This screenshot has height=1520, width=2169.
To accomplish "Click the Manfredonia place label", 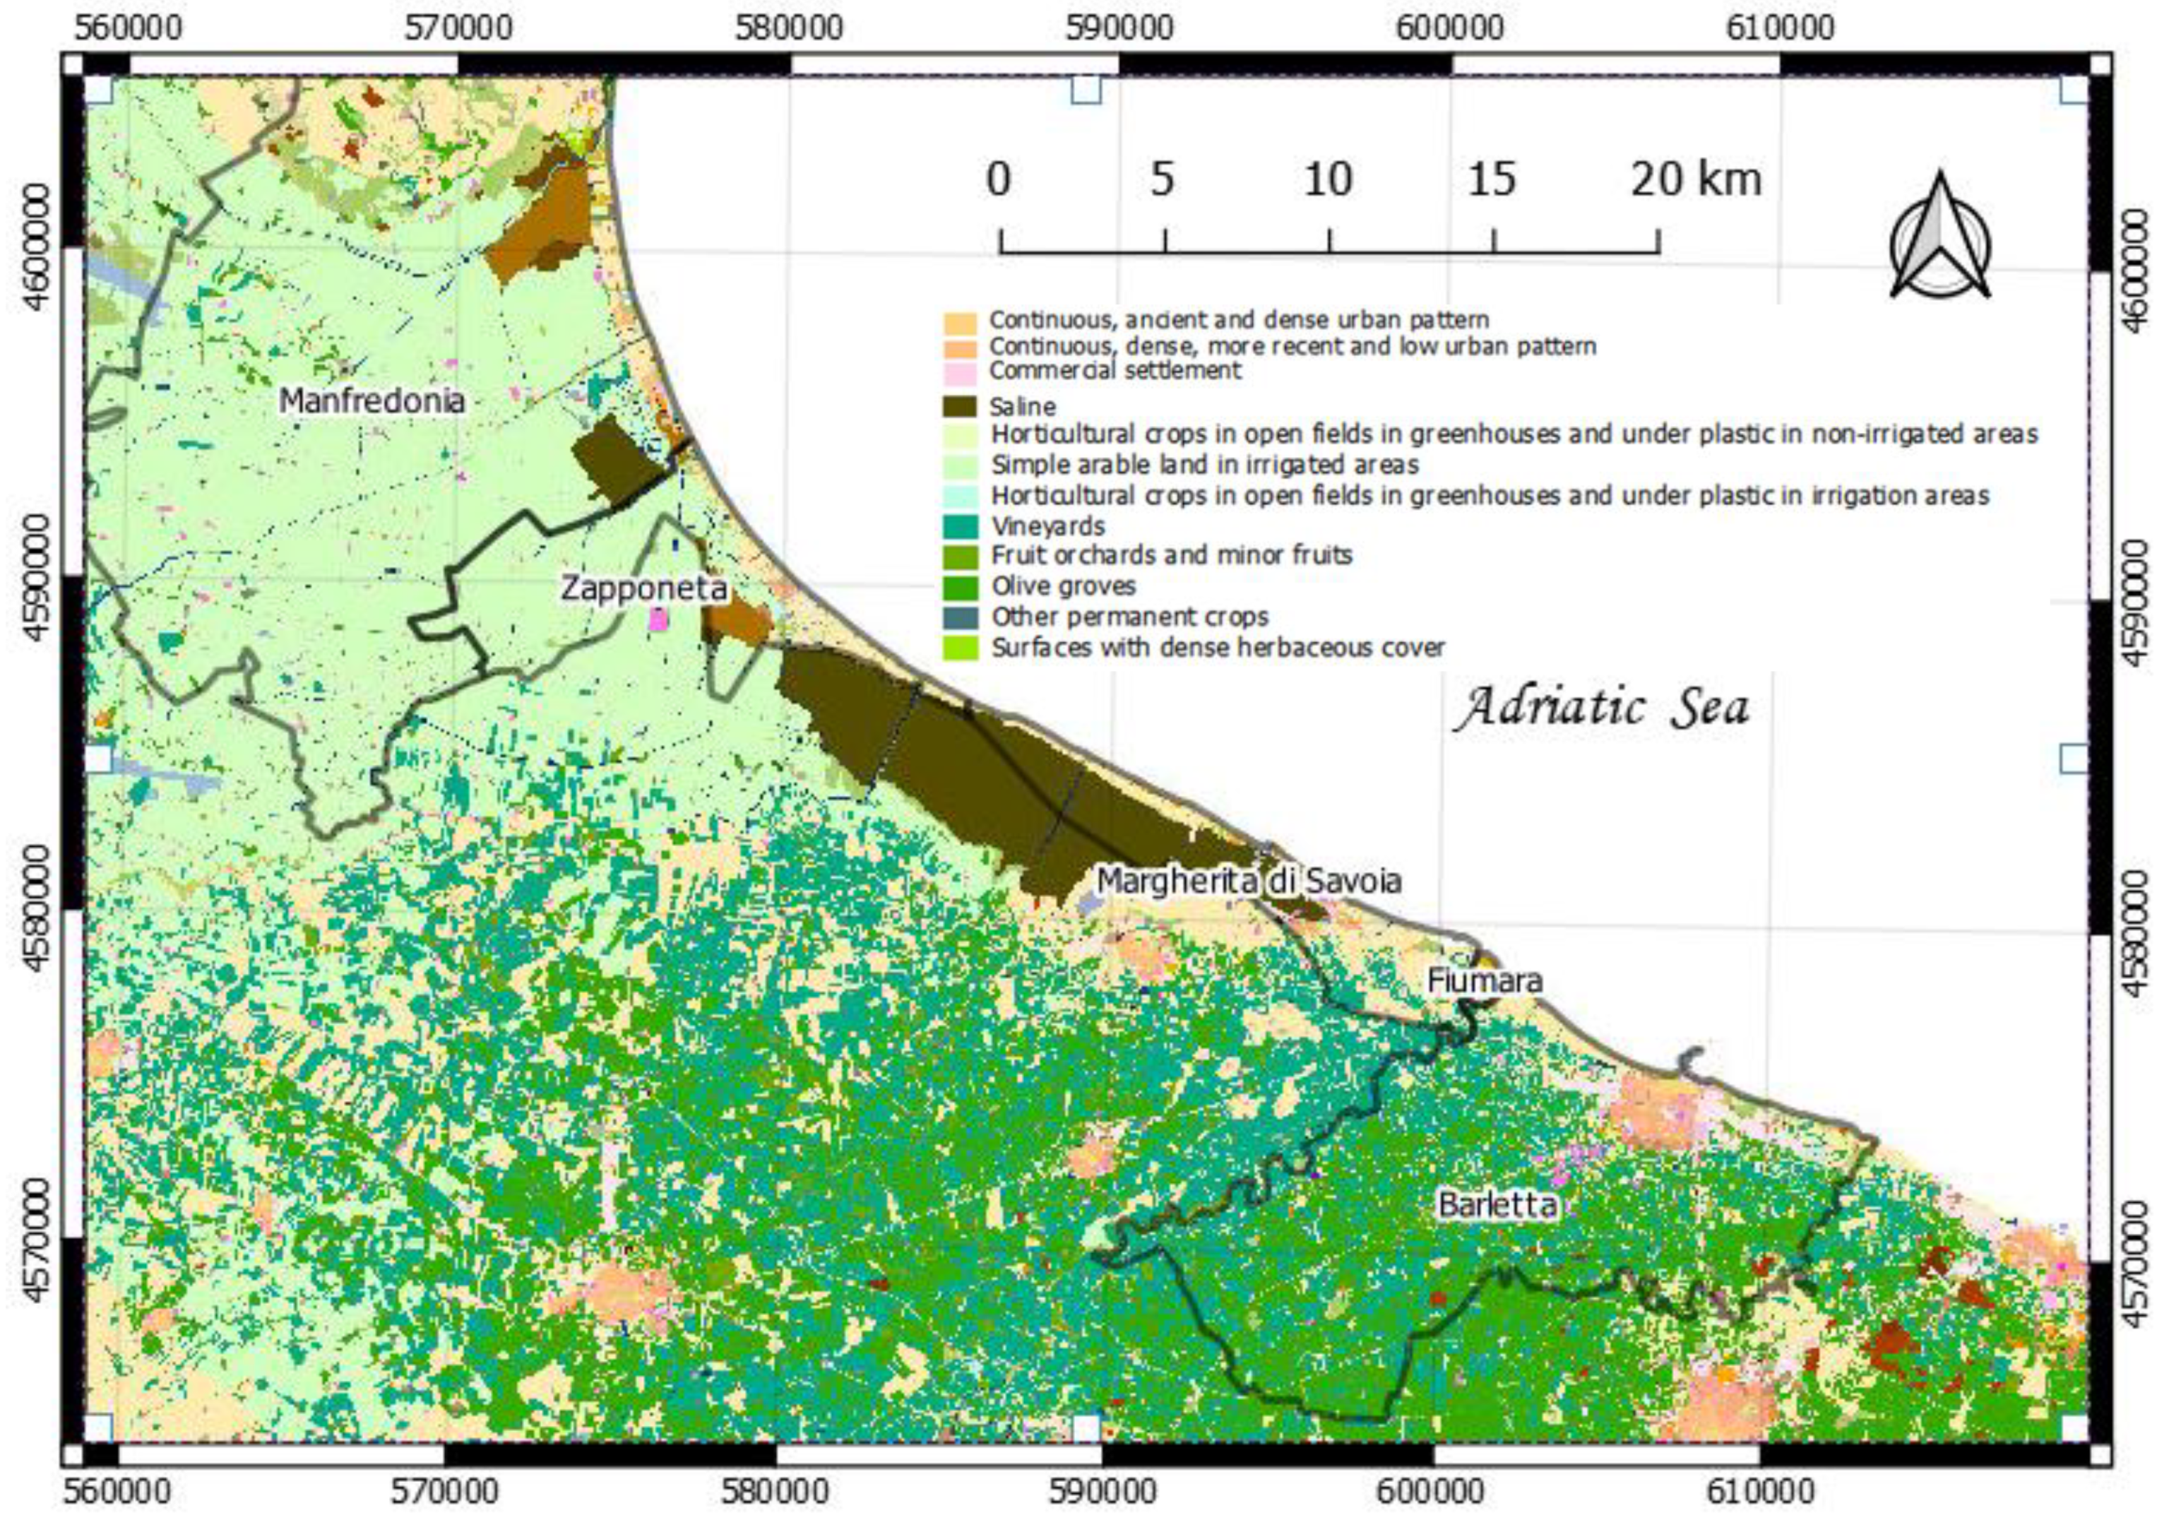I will point(372,400).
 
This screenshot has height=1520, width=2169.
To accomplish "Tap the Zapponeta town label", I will point(644,588).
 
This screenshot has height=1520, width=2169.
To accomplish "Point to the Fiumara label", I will point(1484,980).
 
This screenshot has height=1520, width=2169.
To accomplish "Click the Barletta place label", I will point(1497,1204).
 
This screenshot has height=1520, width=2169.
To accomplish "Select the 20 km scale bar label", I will point(1696,179).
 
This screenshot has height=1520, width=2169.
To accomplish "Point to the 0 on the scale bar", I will point(999,179).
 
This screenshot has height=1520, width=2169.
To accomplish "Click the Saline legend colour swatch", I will point(960,407).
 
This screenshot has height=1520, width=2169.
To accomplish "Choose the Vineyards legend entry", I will point(1047,526).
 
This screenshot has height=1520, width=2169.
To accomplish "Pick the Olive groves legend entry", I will point(1063,586).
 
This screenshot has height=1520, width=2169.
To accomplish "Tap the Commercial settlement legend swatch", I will point(960,372).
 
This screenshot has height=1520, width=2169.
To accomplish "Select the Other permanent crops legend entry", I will point(1129,617).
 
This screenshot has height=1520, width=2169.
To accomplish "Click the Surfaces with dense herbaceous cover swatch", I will point(960,648).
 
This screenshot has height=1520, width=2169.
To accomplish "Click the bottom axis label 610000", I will point(1760,1492).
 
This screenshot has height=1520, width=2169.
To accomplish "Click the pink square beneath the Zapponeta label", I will point(658,619).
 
